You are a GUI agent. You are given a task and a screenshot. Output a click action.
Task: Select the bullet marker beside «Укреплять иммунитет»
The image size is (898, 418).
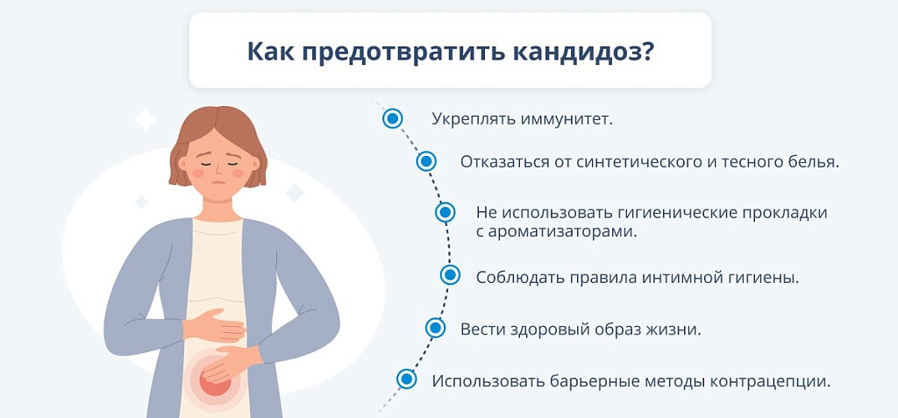[392, 118]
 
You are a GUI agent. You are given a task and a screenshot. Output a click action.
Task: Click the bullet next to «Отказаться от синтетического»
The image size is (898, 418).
[425, 161]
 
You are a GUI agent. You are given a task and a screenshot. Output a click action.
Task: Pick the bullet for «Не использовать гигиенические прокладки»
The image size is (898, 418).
[445, 212]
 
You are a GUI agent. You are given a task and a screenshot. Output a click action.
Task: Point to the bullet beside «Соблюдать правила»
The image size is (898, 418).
[450, 275]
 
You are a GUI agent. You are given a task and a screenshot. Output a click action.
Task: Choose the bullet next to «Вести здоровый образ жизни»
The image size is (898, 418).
[435, 328]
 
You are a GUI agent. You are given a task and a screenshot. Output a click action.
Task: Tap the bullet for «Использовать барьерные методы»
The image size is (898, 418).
[407, 379]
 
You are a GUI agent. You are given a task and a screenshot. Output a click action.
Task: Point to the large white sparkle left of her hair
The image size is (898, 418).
[145, 120]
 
